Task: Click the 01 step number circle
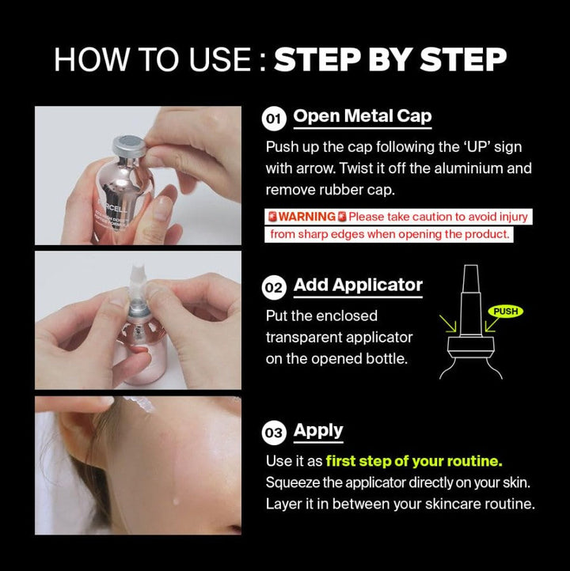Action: tap(273, 119)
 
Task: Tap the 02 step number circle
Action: tap(273, 288)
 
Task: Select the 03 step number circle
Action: tap(273, 433)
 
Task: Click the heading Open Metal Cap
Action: tap(363, 116)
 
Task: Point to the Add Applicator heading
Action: tap(358, 285)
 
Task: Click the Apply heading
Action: tap(318, 431)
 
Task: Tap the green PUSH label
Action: tap(506, 312)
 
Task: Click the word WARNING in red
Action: tap(307, 217)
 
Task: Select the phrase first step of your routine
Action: tap(414, 461)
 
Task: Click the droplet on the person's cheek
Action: tap(176, 501)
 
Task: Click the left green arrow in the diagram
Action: tap(448, 323)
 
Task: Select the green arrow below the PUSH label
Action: tap(492, 323)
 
